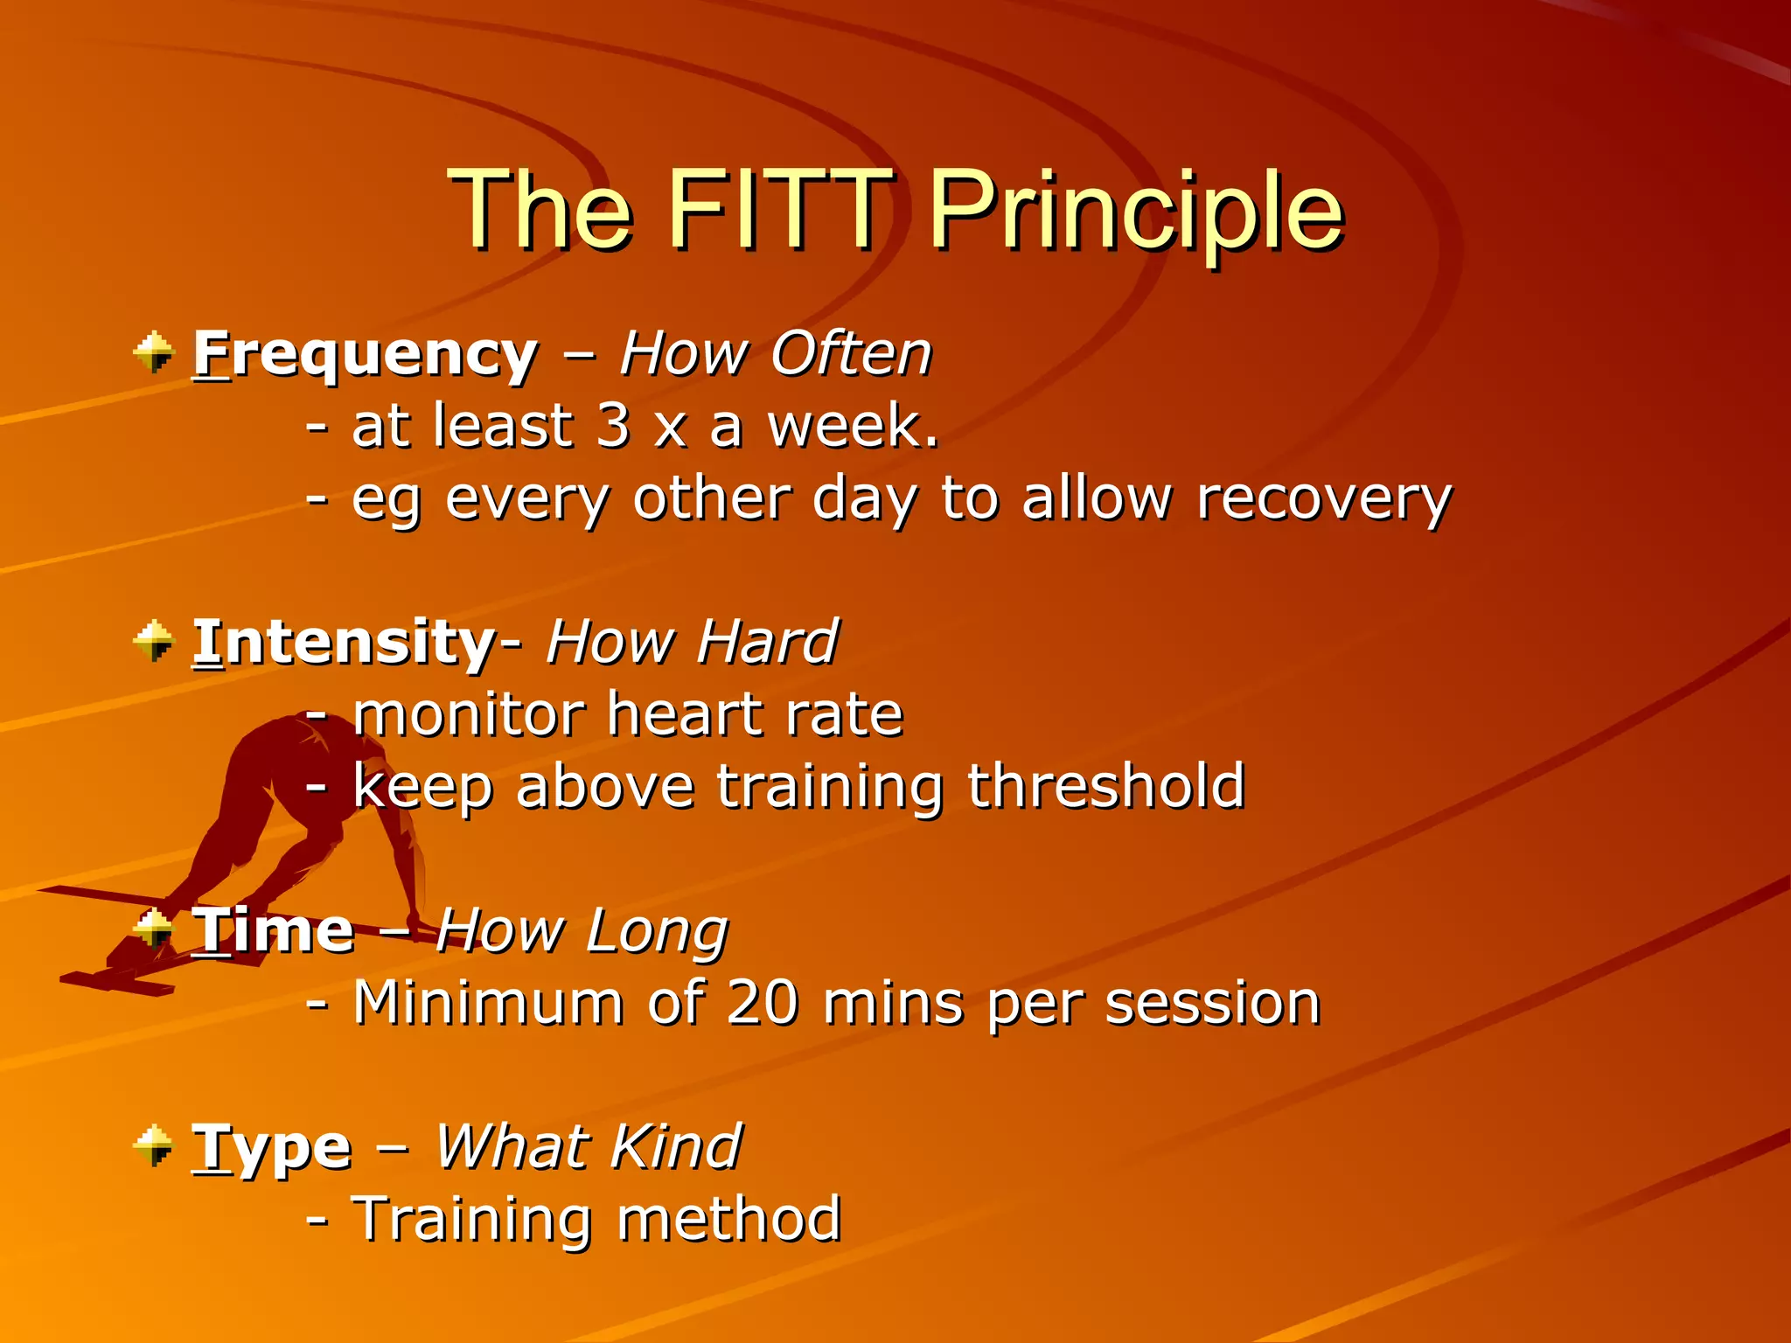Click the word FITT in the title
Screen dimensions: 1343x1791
pos(778,210)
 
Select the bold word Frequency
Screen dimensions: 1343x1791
pos(366,354)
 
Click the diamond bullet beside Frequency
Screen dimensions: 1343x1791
pos(155,352)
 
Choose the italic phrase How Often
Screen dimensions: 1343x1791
pos(776,354)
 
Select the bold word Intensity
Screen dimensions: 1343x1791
pos(345,642)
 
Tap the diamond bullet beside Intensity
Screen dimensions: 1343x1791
pos(155,641)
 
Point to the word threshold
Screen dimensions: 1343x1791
pos(1105,786)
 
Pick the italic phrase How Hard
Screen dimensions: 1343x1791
pos(692,642)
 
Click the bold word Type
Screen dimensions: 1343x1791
pos(272,1147)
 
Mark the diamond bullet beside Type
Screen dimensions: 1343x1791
pos(155,1145)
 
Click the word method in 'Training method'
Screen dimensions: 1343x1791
pos(728,1219)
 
